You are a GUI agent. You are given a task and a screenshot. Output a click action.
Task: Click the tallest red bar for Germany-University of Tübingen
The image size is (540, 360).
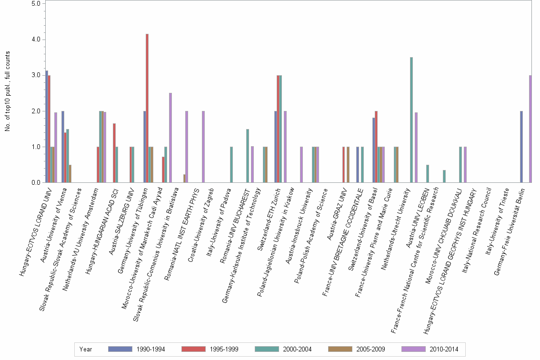point(147,109)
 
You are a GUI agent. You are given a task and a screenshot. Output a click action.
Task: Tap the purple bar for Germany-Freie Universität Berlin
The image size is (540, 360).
point(530,129)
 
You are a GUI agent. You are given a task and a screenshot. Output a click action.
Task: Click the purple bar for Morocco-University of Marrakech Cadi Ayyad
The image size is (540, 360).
point(170,138)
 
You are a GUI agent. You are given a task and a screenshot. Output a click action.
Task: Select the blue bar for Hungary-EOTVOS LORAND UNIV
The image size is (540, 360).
point(47,127)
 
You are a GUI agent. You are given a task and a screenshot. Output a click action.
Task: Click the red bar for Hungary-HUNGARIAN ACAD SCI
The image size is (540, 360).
point(114,153)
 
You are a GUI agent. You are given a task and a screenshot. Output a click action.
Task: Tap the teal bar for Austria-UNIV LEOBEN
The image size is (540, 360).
point(428,174)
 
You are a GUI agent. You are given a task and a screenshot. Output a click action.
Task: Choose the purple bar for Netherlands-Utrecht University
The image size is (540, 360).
point(416,148)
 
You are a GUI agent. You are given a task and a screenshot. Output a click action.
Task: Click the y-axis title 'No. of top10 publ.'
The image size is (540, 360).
point(7,90)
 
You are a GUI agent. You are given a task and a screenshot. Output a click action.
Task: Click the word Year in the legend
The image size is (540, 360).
point(86,350)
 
